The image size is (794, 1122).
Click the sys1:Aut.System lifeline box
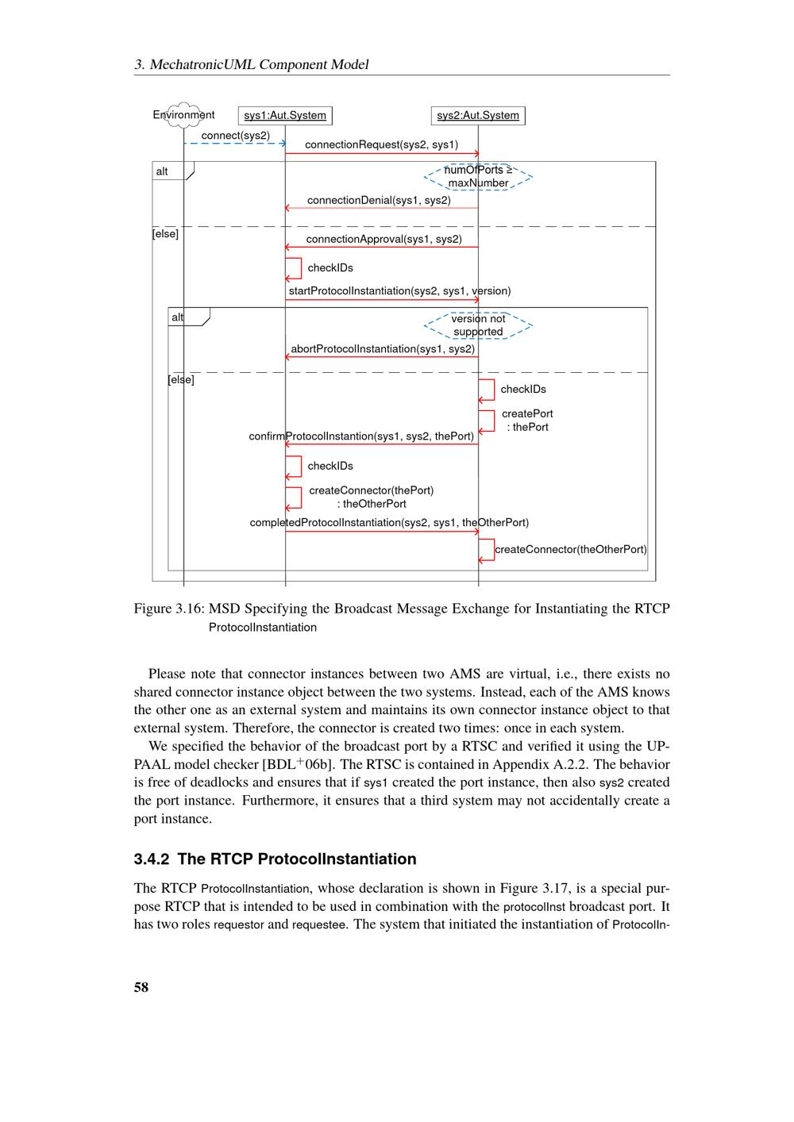(285, 116)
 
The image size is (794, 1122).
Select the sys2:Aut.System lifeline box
(478, 116)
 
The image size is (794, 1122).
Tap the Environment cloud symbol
(183, 115)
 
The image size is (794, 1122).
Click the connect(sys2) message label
(236, 136)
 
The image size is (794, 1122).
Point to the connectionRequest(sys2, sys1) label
(381, 144)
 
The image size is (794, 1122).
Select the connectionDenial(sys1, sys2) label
(379, 200)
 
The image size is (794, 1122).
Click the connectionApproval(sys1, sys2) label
(384, 239)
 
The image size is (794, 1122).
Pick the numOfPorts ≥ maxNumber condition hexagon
(478, 177)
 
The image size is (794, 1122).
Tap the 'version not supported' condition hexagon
(478, 325)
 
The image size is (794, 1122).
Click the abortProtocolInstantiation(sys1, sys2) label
(383, 348)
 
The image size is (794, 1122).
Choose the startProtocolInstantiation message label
(399, 291)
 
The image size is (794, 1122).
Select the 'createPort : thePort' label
(527, 421)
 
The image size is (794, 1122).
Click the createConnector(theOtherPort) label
(570, 549)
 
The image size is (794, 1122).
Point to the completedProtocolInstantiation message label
(389, 522)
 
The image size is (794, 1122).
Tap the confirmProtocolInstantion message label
(361, 436)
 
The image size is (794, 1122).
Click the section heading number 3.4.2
(151, 859)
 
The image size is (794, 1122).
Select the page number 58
(141, 987)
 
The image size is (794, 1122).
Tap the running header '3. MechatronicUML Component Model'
(251, 65)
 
